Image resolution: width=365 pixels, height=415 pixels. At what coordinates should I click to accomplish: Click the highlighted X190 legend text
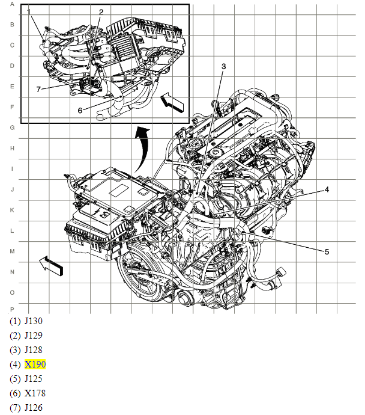click(x=35, y=364)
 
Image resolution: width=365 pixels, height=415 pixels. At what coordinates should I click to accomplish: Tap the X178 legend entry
click(x=35, y=393)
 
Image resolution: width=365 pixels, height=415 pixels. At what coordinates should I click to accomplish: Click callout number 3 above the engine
click(x=223, y=66)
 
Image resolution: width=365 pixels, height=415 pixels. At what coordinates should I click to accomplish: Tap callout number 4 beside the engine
click(x=327, y=189)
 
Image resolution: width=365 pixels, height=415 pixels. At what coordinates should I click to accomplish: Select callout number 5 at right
click(x=327, y=252)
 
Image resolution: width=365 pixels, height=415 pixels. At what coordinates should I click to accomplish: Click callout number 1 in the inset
click(x=28, y=12)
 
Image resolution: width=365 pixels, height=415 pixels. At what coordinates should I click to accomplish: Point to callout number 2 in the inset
click(x=101, y=12)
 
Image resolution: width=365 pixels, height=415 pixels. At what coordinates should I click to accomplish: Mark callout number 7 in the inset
click(x=38, y=90)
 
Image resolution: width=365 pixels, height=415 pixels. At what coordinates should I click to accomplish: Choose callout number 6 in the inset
click(x=80, y=110)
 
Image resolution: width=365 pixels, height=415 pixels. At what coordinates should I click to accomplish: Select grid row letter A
click(x=11, y=4)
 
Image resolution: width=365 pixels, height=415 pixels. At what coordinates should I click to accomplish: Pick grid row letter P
click(x=11, y=309)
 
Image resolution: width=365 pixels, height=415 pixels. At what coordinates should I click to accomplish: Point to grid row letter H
click(x=11, y=148)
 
